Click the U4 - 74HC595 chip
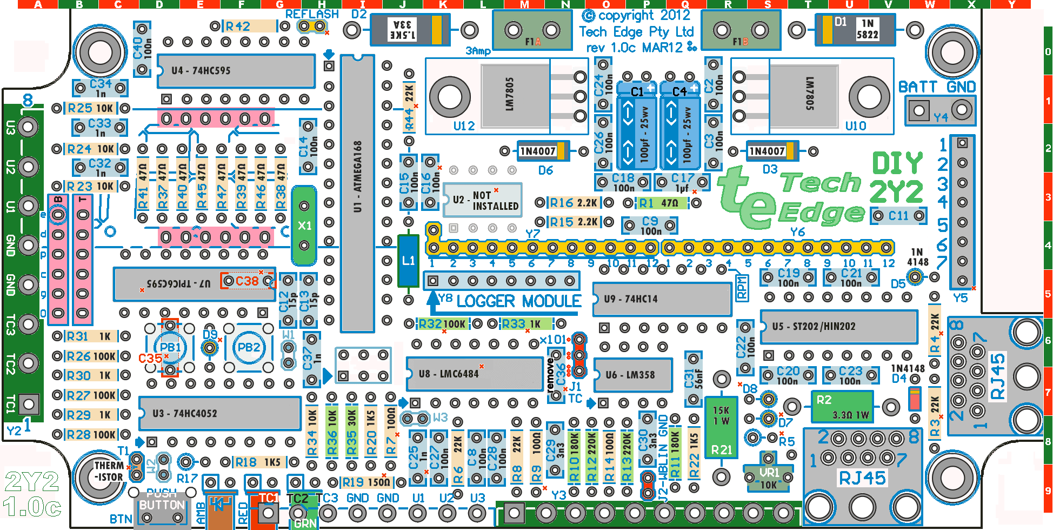click(236, 71)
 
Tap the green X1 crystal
click(304, 226)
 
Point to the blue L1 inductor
click(408, 261)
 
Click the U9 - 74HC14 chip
click(662, 299)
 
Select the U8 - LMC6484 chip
click(474, 374)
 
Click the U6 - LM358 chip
click(633, 375)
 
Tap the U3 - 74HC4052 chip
click(219, 414)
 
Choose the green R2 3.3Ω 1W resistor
click(842, 407)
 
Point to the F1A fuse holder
click(532, 31)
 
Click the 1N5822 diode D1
click(855, 29)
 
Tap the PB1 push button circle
click(170, 347)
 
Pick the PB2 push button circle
click(249, 347)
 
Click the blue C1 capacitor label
click(637, 91)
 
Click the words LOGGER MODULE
click(518, 301)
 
